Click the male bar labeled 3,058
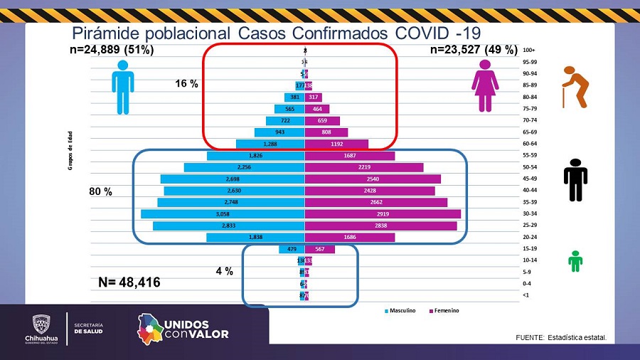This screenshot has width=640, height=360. pos(223,213)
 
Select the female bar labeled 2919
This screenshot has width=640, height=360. pos(383,213)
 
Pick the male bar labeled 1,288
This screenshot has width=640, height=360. pos(270,144)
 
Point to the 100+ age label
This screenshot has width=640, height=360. pos(528,50)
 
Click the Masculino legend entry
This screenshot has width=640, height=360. pos(404,310)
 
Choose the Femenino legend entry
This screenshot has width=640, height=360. pos(444,310)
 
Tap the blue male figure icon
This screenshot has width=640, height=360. pos(122,86)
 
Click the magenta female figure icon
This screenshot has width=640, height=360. pos(485,86)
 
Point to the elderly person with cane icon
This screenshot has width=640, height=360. pos(575,86)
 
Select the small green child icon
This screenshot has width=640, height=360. pos(575,260)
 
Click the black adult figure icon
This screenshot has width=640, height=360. pos(575,179)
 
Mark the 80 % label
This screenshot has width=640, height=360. pos(100,192)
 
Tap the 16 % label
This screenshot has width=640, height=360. pos(186,84)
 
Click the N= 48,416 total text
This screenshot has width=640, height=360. pos(129,282)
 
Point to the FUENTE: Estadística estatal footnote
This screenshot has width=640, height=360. pos(561,337)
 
